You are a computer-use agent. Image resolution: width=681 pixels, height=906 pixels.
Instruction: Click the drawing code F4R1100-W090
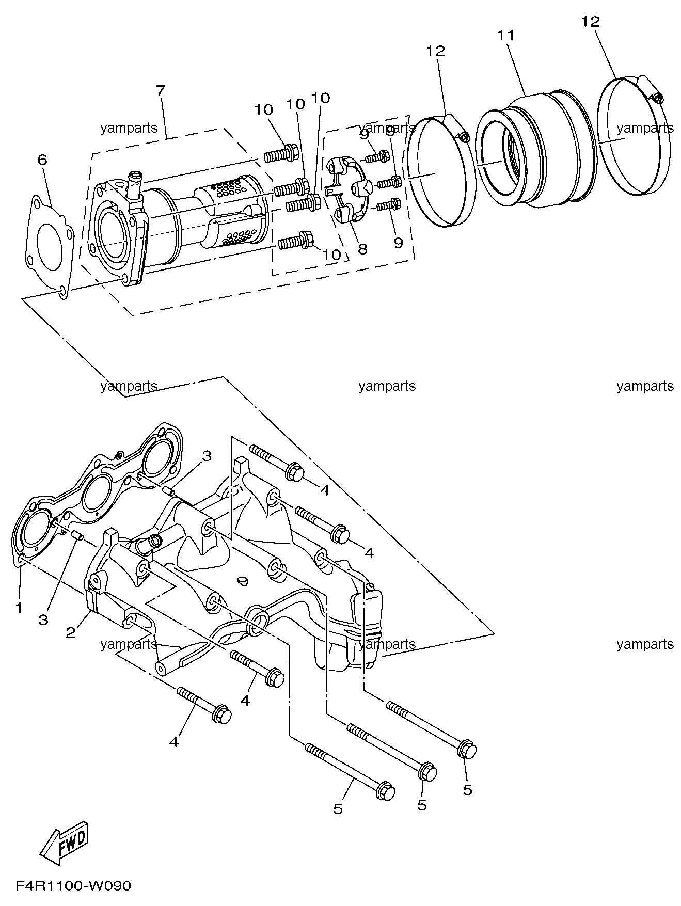pos(73,886)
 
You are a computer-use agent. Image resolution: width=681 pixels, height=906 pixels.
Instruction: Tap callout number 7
pos(161,90)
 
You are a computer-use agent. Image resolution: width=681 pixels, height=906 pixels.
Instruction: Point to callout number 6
pos(42,160)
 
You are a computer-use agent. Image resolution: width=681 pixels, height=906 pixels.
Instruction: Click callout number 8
pos(362,249)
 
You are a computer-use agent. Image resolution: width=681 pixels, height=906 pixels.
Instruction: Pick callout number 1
pos(19,608)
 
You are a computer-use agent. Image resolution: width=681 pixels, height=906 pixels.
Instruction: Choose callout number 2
pos(70,631)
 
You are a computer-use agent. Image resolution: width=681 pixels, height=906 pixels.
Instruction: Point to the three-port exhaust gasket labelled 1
pos(98,493)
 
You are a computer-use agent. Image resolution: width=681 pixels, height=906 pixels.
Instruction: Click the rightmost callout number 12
pos(591,22)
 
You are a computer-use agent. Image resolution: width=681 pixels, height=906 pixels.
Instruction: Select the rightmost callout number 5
pos(467,789)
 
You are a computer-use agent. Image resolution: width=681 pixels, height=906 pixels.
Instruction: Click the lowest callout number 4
pos(174,742)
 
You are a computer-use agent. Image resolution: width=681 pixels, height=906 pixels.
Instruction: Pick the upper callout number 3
pos(207,456)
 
